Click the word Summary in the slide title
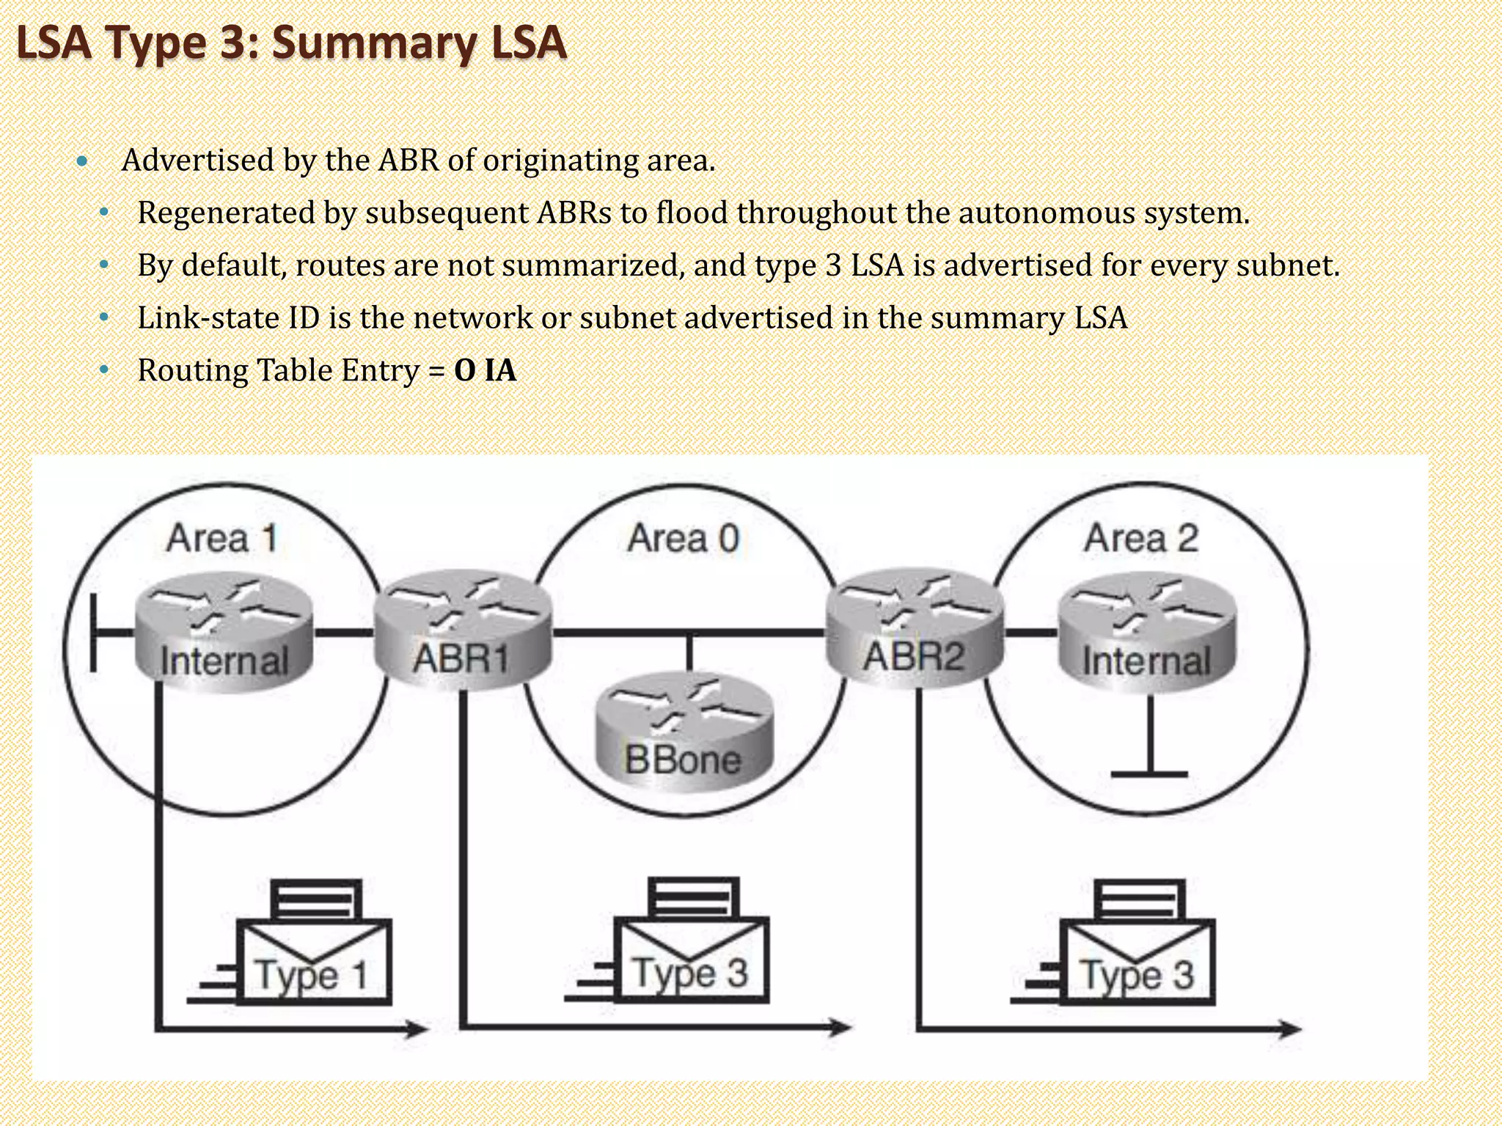[x=374, y=43]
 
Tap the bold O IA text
[x=485, y=370]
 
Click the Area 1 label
[x=222, y=538]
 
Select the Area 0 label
[x=684, y=538]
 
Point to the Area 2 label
[x=1141, y=538]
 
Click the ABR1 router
[x=462, y=630]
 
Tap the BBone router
[x=684, y=733]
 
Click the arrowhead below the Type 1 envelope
[x=419, y=1029]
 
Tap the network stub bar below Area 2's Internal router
[x=1149, y=774]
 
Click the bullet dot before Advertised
[x=82, y=161]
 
